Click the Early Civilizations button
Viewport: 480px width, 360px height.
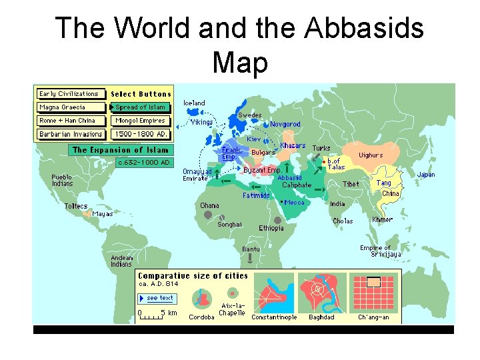click(x=69, y=94)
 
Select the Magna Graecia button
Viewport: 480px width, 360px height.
click(x=71, y=107)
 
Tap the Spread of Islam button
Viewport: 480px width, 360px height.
click(x=141, y=107)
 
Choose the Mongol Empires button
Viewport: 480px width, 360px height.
click(x=141, y=121)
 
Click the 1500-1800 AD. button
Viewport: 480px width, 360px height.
click(x=141, y=134)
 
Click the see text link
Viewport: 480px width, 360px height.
click(x=159, y=298)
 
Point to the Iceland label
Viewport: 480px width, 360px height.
click(x=195, y=103)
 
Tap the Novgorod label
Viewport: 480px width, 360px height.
click(x=285, y=124)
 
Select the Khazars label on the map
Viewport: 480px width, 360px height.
click(x=293, y=146)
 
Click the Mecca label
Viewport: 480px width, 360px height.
click(x=294, y=203)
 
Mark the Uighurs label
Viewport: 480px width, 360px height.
click(x=371, y=155)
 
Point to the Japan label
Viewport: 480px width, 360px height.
click(x=426, y=175)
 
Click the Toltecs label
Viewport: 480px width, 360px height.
click(x=76, y=206)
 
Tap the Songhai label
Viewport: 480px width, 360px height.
click(x=229, y=225)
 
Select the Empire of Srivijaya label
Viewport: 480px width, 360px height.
click(x=380, y=251)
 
